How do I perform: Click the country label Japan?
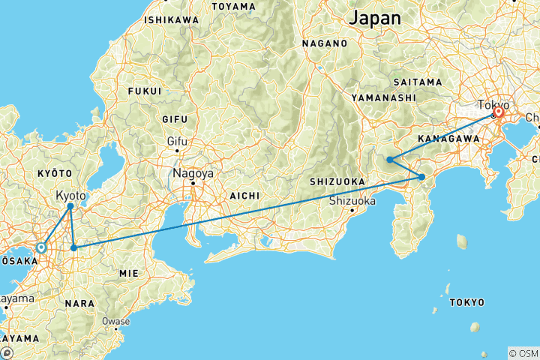tap(380, 17)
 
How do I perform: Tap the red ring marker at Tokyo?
tap(498, 112)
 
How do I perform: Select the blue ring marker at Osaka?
tap(41, 247)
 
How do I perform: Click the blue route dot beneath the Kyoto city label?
tap(70, 205)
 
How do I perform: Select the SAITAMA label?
tap(415, 81)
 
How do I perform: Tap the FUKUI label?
tap(145, 91)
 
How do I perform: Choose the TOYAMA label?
tap(233, 6)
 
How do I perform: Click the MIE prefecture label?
tap(129, 274)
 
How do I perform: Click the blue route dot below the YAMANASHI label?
tap(390, 159)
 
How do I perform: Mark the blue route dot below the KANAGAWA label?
tap(422, 177)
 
